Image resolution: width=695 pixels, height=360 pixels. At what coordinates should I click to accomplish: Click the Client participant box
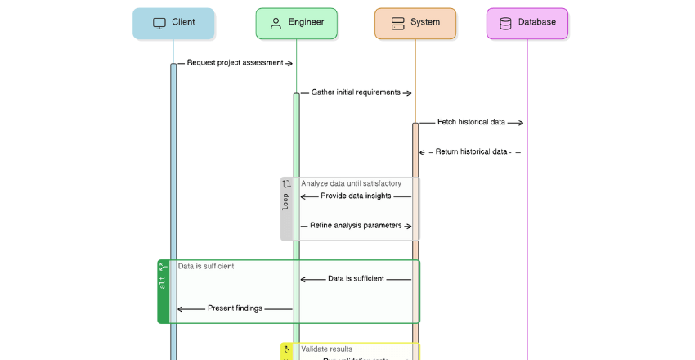173,23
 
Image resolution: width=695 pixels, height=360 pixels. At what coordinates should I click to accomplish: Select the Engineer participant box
296,23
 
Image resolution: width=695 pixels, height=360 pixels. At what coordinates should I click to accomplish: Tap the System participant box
415,23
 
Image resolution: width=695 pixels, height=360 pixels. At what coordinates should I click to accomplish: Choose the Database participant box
527,23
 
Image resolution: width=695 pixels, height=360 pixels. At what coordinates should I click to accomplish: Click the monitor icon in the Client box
159,23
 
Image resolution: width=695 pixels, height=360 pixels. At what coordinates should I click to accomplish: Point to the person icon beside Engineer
276,23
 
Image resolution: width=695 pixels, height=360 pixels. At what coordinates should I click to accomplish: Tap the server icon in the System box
398,23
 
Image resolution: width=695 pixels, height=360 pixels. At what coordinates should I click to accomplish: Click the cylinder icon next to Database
505,23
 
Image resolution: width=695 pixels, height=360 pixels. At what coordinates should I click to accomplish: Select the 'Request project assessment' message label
235,63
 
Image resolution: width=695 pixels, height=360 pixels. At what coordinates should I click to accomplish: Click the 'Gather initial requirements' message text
356,92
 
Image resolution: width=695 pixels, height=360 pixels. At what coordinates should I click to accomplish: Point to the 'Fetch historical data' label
471,122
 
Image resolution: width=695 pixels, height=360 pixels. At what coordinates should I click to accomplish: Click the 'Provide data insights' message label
356,196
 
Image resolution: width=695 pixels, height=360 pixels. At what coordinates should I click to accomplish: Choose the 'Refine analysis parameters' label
356,225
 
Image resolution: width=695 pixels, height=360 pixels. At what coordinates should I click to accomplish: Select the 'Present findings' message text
235,308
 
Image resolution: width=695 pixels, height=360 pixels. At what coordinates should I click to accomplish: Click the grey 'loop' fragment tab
286,209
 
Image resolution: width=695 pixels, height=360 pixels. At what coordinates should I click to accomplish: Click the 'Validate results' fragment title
326,349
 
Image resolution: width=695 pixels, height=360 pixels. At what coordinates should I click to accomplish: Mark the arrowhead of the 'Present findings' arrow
180,308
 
